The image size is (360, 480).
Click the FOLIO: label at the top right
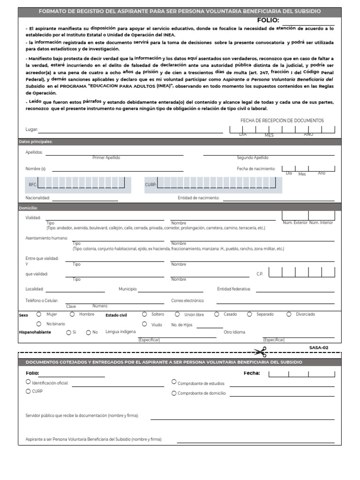[268, 20]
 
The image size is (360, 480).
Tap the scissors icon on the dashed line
[260, 352]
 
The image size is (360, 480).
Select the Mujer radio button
[39, 314]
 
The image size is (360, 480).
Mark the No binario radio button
[39, 324]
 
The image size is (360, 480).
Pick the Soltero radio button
[144, 314]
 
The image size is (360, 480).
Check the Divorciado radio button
[289, 314]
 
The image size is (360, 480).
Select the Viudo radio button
[144, 324]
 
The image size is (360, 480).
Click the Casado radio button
[217, 314]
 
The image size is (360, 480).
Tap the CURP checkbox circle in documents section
[28, 391]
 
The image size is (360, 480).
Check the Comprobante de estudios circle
[174, 382]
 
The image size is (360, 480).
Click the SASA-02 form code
[319, 347]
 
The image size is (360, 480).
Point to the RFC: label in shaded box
[33, 185]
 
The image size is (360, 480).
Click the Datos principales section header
[36, 142]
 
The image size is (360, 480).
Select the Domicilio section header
[28, 207]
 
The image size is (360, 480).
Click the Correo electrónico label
[187, 300]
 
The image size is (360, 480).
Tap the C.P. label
[260, 273]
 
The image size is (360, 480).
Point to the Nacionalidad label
[37, 198]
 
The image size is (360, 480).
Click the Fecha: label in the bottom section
[252, 374]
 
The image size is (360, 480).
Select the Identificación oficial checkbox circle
[28, 382]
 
